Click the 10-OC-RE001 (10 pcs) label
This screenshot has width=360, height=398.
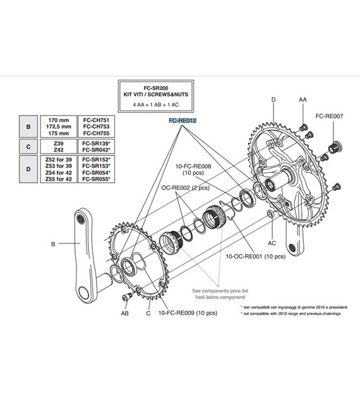(x=255, y=256)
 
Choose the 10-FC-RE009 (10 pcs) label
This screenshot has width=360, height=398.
(x=188, y=313)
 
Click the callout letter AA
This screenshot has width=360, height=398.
(x=303, y=100)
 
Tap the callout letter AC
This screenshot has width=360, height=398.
(x=272, y=243)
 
